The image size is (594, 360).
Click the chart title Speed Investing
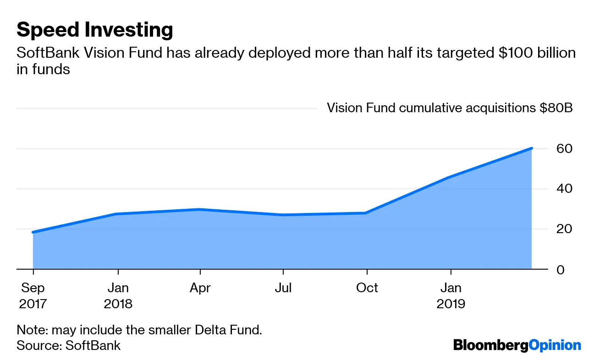tap(94, 30)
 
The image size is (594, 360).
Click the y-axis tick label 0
tap(561, 269)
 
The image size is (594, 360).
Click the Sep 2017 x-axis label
tap(33, 295)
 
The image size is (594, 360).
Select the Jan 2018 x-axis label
tap(118, 295)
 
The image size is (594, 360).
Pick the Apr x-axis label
tap(200, 288)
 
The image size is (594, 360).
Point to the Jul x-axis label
tap(283, 288)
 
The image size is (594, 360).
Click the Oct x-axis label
tap(367, 288)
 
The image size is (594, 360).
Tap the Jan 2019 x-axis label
tap(451, 295)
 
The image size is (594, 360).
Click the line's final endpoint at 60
tap(531, 148)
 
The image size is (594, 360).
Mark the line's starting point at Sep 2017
tap(33, 232)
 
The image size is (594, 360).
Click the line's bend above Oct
tap(365, 213)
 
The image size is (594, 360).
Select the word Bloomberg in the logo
tap(490, 345)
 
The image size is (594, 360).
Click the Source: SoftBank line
tap(68, 345)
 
